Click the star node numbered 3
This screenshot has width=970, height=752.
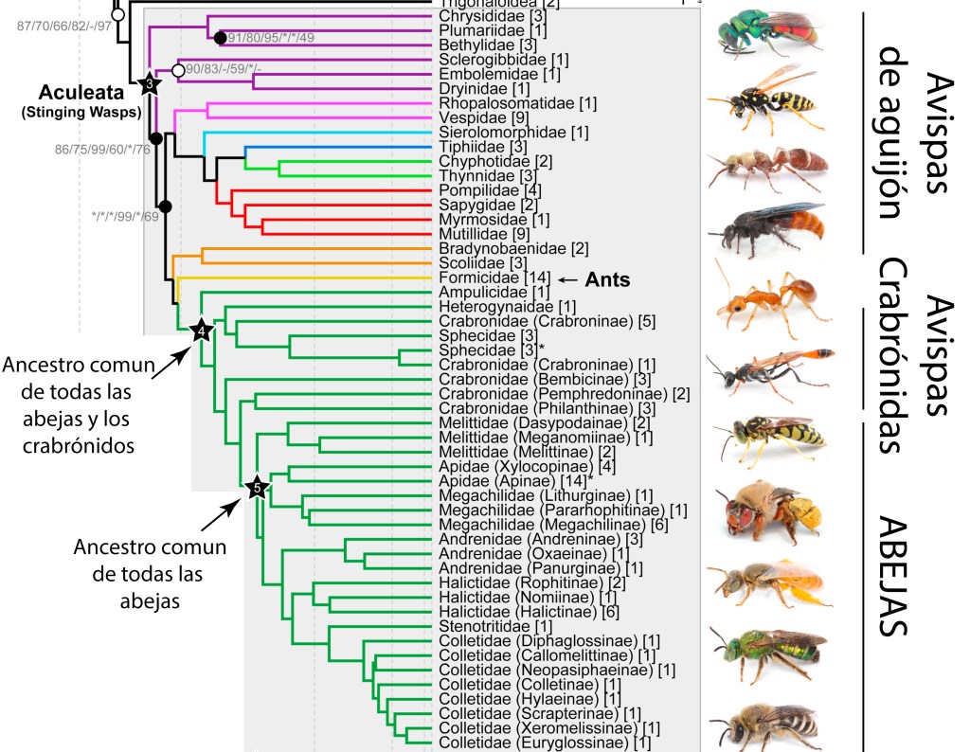pyautogui.click(x=149, y=84)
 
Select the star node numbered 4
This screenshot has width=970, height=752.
pyautogui.click(x=202, y=331)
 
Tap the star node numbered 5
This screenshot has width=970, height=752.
pyautogui.click(x=256, y=487)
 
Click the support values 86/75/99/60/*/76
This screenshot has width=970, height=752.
pyautogui.click(x=98, y=149)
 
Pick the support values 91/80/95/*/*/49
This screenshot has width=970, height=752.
pyautogui.click(x=271, y=38)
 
